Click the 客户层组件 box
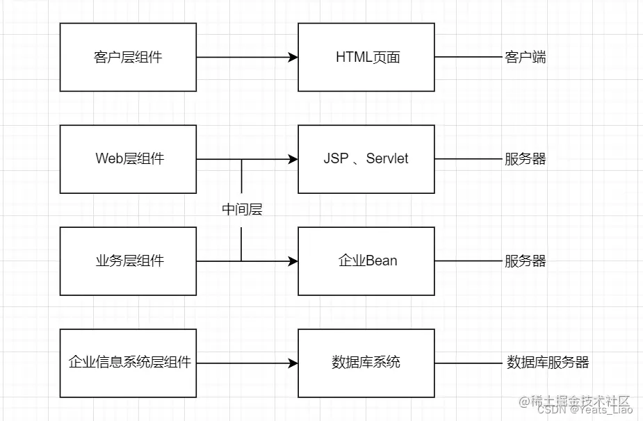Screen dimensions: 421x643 [x=128, y=57]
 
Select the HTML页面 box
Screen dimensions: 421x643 [x=366, y=57]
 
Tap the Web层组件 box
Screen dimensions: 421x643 [x=128, y=159]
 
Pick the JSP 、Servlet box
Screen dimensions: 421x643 [x=366, y=159]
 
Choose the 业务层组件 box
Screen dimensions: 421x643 [x=128, y=261]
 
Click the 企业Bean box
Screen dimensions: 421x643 [x=366, y=261]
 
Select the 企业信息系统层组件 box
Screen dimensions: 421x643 [x=128, y=363]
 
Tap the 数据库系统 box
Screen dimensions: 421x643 [x=366, y=363]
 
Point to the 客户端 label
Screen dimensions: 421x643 [x=525, y=57]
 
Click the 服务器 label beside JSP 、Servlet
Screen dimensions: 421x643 [x=525, y=159]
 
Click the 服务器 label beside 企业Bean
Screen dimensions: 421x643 [x=525, y=261]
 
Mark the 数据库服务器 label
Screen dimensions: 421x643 [x=548, y=363]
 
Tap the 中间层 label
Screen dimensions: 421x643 [x=242, y=210]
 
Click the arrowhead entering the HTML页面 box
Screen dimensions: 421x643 [x=293, y=57]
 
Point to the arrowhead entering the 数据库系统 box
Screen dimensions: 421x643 [x=293, y=363]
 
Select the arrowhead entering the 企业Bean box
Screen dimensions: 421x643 [x=293, y=261]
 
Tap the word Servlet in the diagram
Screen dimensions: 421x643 [x=387, y=159]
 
